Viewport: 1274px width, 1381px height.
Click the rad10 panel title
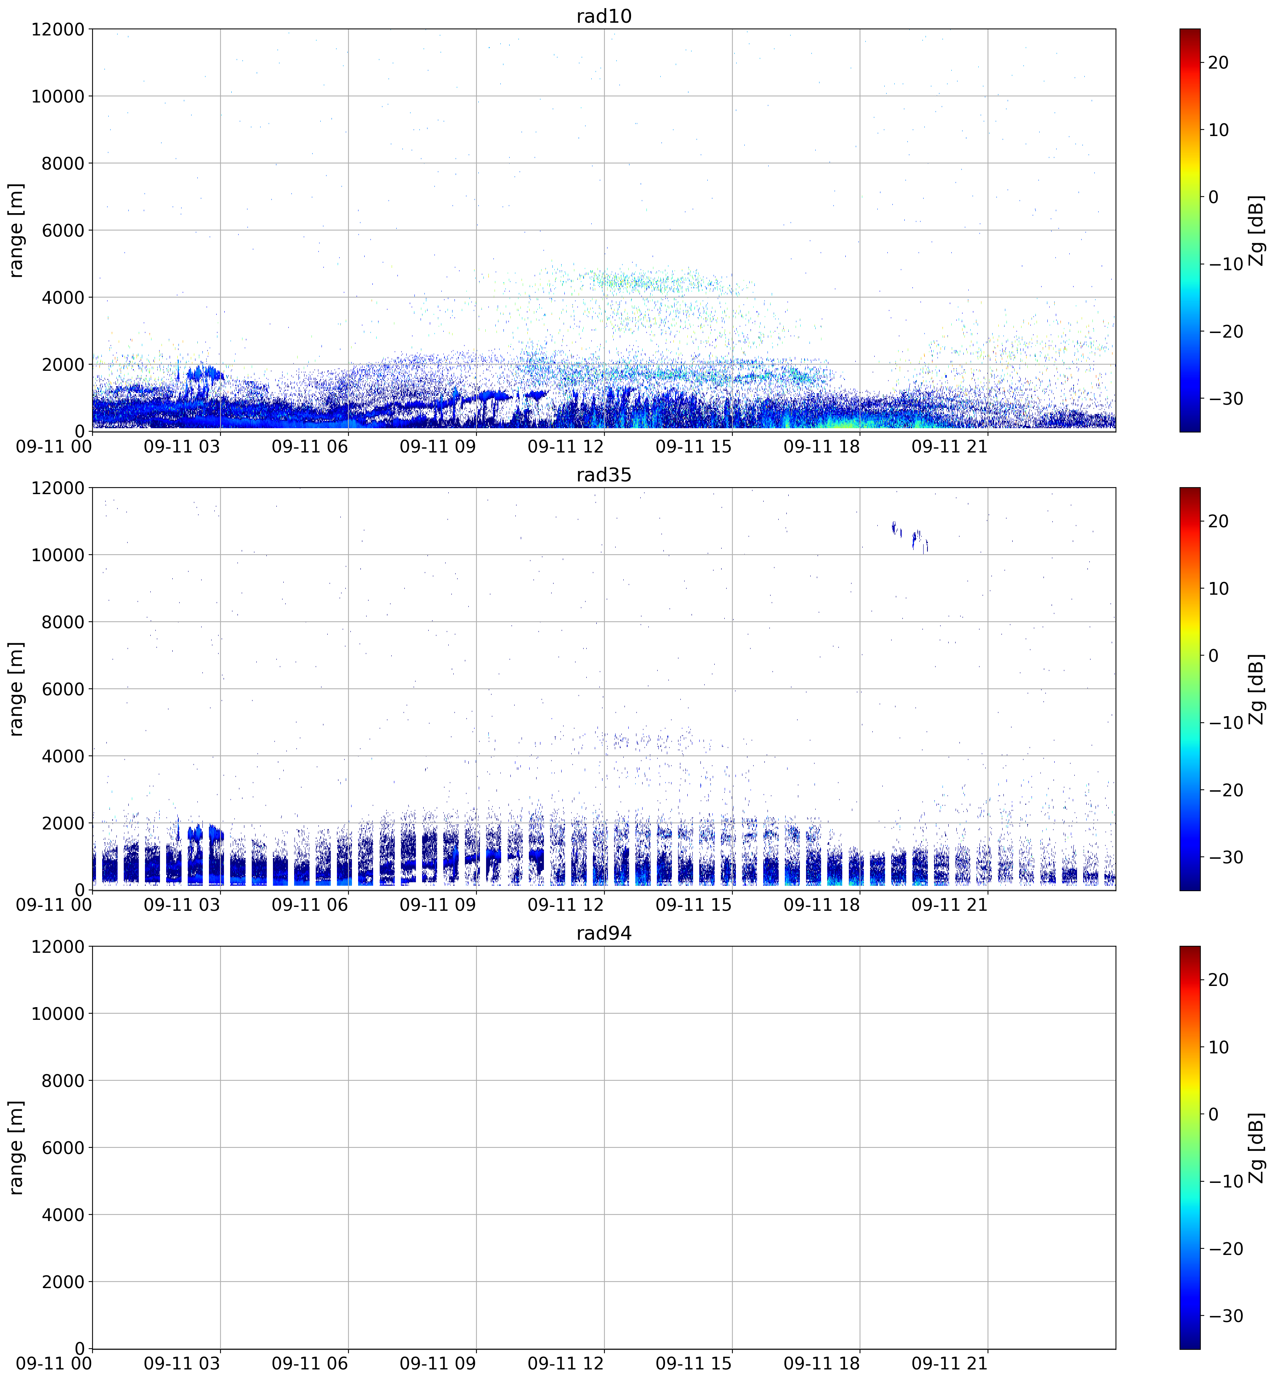(604, 16)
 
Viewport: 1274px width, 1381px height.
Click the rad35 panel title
(604, 475)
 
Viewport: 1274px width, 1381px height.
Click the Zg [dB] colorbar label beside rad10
(1257, 230)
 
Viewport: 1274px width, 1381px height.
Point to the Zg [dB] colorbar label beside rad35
(1257, 689)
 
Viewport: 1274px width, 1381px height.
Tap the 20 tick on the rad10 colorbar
(1218, 63)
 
